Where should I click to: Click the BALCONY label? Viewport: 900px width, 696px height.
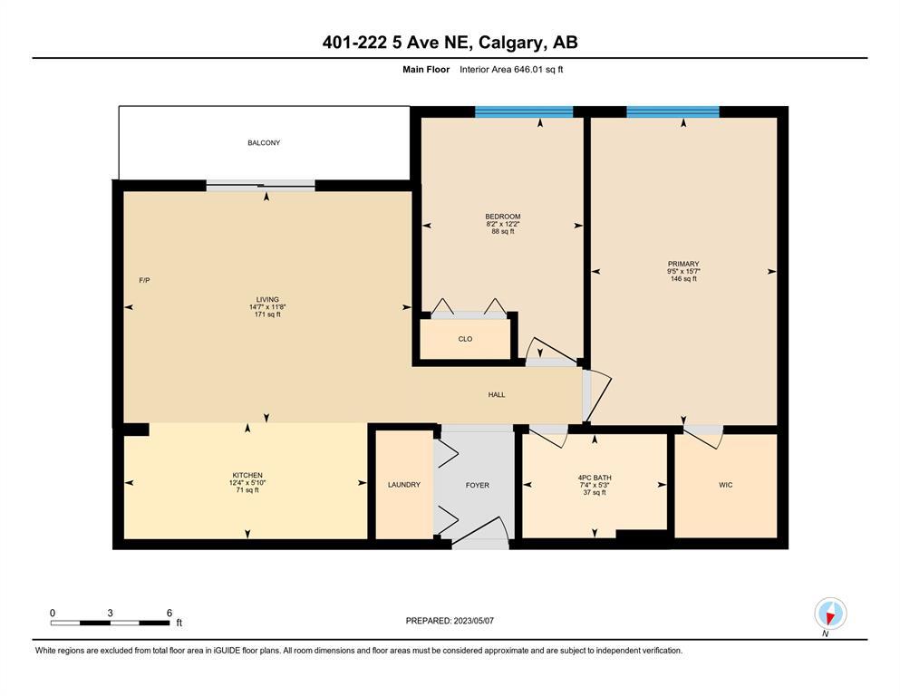pyautogui.click(x=264, y=143)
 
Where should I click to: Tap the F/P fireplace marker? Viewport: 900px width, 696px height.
pyautogui.click(x=145, y=281)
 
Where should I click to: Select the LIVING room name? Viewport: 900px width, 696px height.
pyautogui.click(x=267, y=299)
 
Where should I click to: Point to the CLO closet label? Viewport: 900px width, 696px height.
pyautogui.click(x=466, y=339)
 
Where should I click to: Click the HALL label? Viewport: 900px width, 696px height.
pyautogui.click(x=497, y=395)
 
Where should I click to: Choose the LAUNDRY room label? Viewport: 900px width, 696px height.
pyautogui.click(x=404, y=485)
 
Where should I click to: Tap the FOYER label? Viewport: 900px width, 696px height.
pyautogui.click(x=478, y=486)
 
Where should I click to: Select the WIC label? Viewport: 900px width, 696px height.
pyautogui.click(x=725, y=486)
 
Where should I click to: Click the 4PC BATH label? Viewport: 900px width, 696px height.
pyautogui.click(x=595, y=478)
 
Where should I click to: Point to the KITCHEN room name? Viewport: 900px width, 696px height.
pyautogui.click(x=247, y=476)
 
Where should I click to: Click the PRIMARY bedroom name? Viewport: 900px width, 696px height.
pyautogui.click(x=683, y=265)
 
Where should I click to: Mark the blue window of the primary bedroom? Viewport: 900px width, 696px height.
pyautogui.click(x=673, y=111)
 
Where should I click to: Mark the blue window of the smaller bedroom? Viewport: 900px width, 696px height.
pyautogui.click(x=524, y=111)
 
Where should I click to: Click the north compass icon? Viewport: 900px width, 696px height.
pyautogui.click(x=830, y=614)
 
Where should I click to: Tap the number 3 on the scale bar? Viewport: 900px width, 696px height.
pyautogui.click(x=111, y=613)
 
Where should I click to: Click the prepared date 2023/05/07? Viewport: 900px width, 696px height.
pyautogui.click(x=473, y=621)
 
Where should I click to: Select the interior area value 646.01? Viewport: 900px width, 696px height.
pyautogui.click(x=531, y=70)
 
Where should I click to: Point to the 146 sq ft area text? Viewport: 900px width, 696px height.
pyautogui.click(x=683, y=279)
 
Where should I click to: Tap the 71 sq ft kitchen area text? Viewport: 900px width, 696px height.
pyautogui.click(x=247, y=490)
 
